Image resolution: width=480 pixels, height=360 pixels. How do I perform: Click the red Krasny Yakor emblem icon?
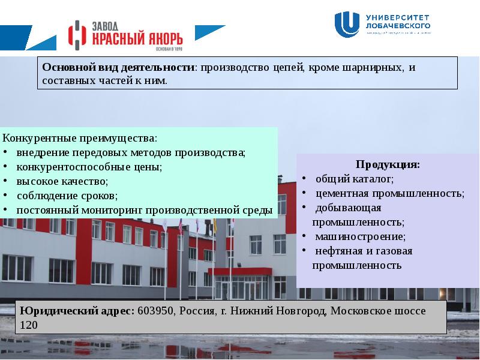[x=77, y=36]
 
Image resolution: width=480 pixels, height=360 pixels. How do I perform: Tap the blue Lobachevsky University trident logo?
[x=347, y=25]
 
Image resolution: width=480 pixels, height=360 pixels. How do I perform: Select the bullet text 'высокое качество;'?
[x=62, y=181]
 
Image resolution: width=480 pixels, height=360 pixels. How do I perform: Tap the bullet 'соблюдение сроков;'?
[x=67, y=196]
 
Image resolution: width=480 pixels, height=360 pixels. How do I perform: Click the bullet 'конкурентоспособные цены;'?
[x=89, y=167]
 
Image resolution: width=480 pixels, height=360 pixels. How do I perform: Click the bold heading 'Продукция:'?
[x=388, y=164]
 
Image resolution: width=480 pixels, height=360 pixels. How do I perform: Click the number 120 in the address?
[x=29, y=325]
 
